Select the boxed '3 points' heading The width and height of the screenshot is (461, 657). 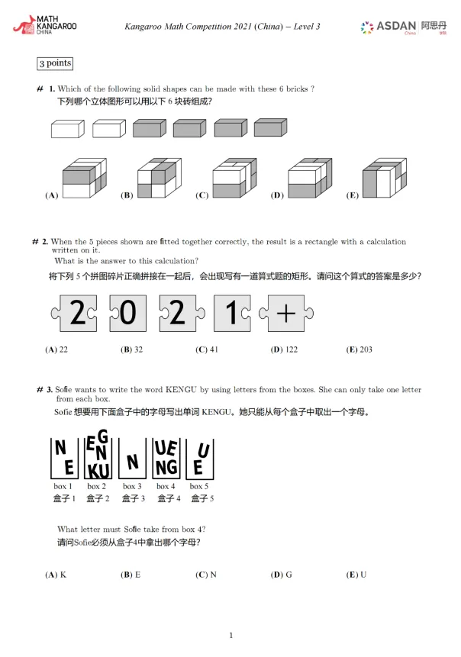coord(55,63)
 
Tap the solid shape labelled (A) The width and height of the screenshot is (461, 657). coord(84,178)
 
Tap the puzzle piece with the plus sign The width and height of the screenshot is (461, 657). coord(286,314)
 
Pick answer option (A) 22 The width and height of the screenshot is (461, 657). coord(56,349)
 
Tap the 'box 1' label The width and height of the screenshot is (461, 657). coord(63,486)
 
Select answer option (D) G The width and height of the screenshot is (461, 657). coord(282,575)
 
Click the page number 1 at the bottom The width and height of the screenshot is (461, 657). coord(230,635)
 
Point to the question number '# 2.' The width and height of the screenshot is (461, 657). coord(40,242)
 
